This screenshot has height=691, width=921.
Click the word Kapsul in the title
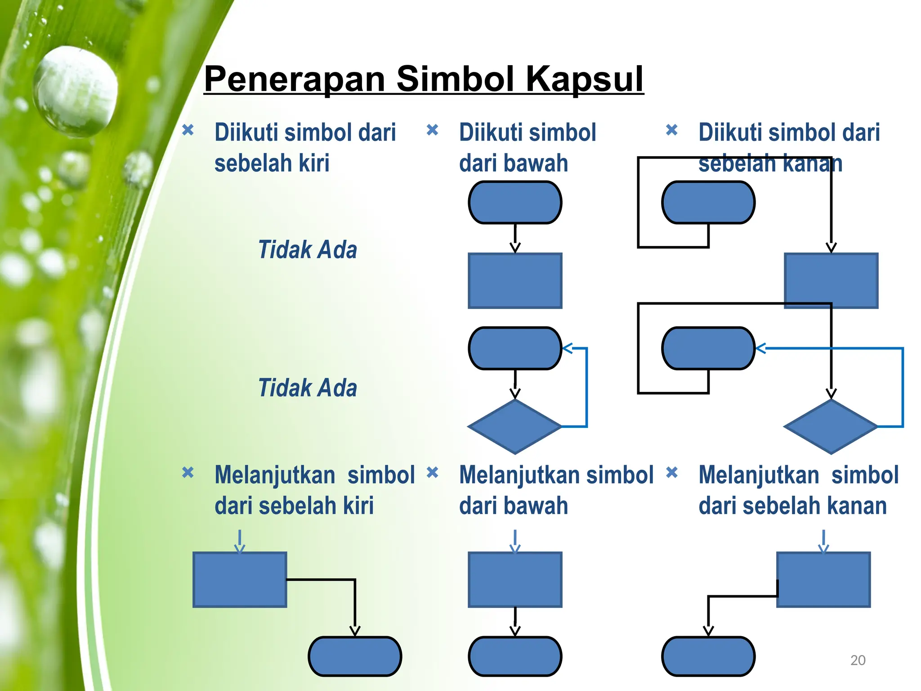pos(585,79)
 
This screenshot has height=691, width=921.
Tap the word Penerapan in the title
pos(295,79)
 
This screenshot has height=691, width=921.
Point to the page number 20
pos(858,660)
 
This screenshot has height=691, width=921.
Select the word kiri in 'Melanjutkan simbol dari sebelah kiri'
pos(358,506)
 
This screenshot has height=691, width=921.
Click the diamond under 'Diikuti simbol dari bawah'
pos(515,426)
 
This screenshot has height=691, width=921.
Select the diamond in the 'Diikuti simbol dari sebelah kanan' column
pos(831,426)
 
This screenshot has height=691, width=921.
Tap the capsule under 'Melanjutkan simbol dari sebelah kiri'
pos(355,656)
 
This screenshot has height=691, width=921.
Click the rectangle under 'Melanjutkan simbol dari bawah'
pos(515,580)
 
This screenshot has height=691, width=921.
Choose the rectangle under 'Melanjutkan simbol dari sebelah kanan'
pos(823,580)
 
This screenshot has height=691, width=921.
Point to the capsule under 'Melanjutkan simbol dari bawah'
pos(515,656)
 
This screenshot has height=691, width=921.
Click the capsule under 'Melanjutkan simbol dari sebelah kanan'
pos(708,656)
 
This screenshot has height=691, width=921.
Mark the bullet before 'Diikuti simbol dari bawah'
pos(432,130)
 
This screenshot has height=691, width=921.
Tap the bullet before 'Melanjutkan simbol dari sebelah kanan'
pos(671,472)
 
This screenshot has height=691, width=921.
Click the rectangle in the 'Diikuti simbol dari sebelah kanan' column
pos(831,281)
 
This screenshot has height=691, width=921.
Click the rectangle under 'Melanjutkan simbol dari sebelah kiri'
pos(240,580)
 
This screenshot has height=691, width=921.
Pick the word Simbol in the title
pos(455,79)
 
